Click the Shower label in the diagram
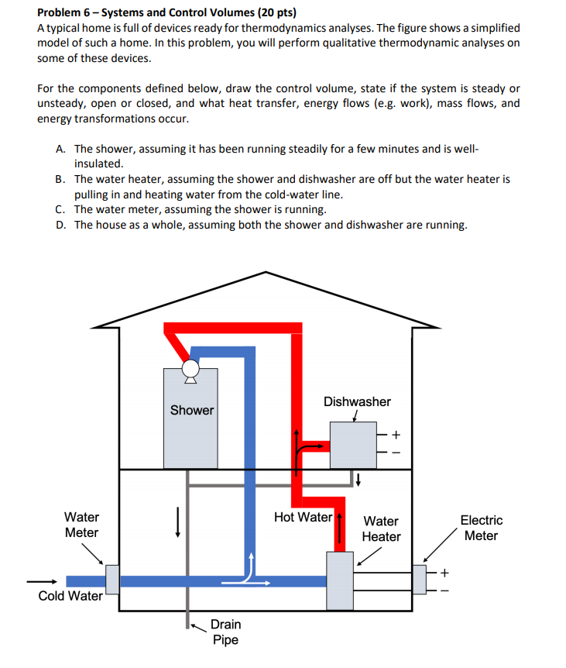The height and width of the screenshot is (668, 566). tap(192, 410)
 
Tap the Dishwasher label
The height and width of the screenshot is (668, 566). tap(357, 401)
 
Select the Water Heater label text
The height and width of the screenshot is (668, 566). tap(382, 529)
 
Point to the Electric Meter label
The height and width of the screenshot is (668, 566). tap(481, 528)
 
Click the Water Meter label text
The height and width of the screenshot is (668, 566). tap(81, 525)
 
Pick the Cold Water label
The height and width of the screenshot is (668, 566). tap(70, 596)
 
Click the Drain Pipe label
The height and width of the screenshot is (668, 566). tap(225, 632)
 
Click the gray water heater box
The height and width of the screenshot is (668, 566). tap(339, 580)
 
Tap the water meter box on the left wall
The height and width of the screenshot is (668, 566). tap(112, 580)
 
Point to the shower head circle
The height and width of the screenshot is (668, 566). tap(188, 368)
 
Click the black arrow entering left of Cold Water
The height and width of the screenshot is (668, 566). tap(42, 581)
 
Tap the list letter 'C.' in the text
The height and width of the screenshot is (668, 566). tap(60, 209)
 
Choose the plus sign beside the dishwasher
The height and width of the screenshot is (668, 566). tap(397, 434)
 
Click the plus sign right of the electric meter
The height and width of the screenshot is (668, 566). tap(444, 573)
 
